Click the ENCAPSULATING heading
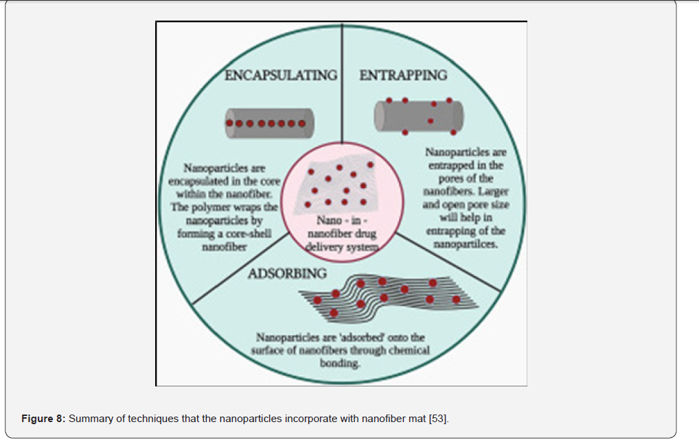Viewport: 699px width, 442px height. [281, 75]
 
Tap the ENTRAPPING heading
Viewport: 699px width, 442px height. [403, 75]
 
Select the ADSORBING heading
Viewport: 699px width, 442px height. [287, 273]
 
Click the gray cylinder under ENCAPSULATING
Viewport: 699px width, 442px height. [269, 123]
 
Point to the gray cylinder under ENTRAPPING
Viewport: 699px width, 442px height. [419, 116]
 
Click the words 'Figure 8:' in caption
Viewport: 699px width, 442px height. [43, 419]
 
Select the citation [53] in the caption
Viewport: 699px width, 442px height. [438, 419]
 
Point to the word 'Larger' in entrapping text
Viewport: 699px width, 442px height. [493, 191]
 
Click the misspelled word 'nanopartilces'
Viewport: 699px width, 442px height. [466, 244]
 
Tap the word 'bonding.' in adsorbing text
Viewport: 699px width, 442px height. [340, 364]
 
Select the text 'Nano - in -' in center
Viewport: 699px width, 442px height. [342, 220]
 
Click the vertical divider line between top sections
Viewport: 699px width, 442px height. [342, 84]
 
